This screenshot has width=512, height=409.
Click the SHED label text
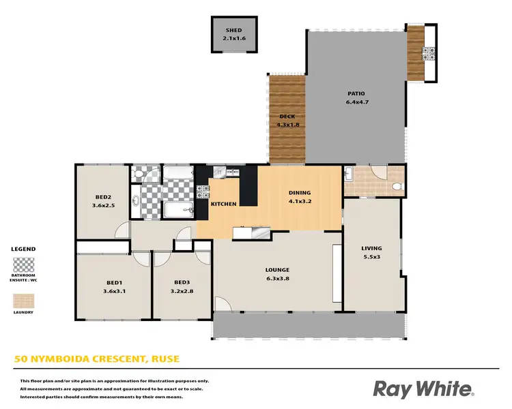[x=235, y=31]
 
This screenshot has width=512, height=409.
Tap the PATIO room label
[x=355, y=94]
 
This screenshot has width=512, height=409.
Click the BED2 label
[x=102, y=196]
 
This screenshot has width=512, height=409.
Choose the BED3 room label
[x=181, y=283]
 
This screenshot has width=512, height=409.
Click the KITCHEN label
[x=223, y=204]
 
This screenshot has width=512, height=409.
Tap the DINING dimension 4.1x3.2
[x=299, y=201]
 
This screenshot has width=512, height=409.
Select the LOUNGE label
[x=277, y=270]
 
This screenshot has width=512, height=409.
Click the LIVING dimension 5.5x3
[x=371, y=258]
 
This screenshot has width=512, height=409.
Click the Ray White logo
[x=423, y=389]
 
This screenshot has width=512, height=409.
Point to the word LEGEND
[x=23, y=249]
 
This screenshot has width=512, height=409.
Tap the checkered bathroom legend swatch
[x=23, y=264]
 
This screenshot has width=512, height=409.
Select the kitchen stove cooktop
[x=202, y=192]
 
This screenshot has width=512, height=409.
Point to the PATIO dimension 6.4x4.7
[x=355, y=103]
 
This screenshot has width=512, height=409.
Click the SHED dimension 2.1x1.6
[x=235, y=39]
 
